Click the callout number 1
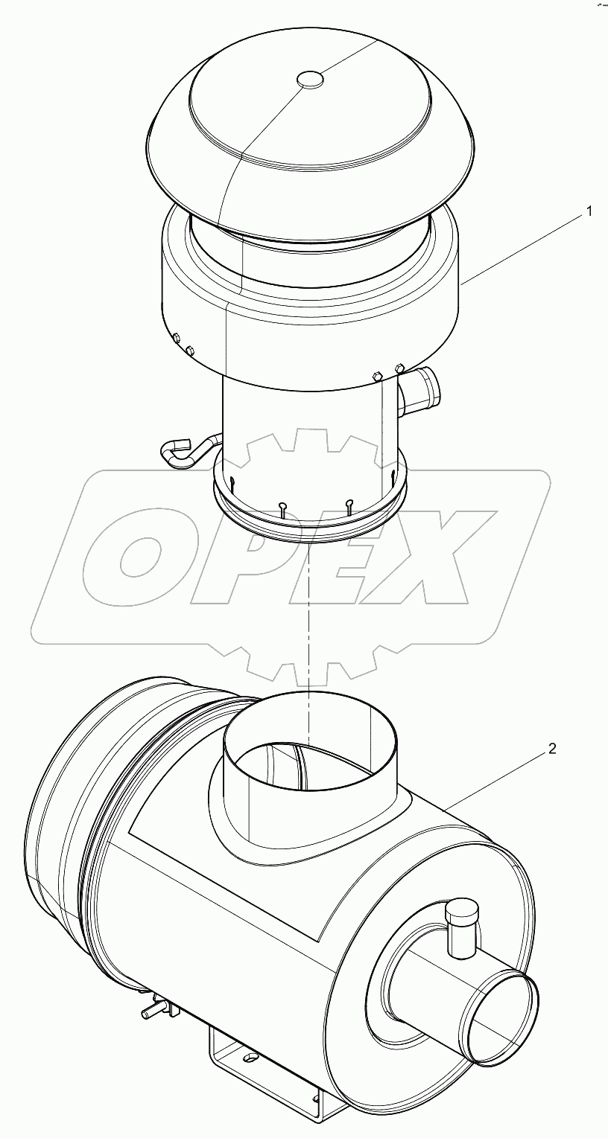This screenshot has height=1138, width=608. (x=589, y=211)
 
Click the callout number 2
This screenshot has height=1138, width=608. (x=552, y=749)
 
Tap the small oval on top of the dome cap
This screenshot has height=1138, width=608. (x=310, y=78)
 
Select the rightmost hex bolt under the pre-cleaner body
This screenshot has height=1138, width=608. (x=399, y=368)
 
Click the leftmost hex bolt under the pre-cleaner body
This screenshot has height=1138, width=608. (x=177, y=339)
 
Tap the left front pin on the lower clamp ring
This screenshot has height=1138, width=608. (x=284, y=509)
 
